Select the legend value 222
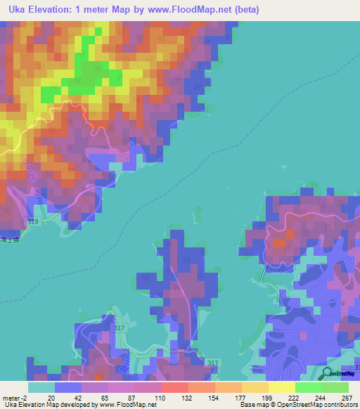(x=296, y=398)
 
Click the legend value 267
(x=347, y=398)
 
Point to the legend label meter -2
(x=15, y=398)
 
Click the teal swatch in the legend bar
(x=41, y=387)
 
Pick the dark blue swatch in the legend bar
(x=68, y=387)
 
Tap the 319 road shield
(x=33, y=222)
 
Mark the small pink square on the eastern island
(x=280, y=242)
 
